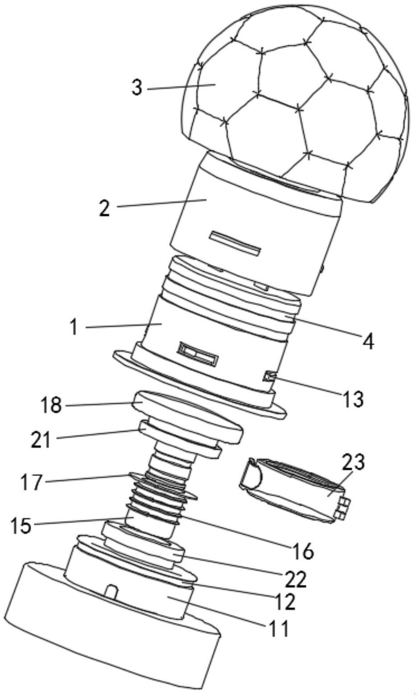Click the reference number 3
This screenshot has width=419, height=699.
click(x=137, y=87)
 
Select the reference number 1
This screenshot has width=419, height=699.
click(x=74, y=327)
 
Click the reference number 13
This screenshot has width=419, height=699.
click(x=353, y=399)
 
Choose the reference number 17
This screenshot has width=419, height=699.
click(x=32, y=482)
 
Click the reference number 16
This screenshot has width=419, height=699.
click(x=304, y=551)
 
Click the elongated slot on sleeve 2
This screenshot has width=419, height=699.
click(x=236, y=244)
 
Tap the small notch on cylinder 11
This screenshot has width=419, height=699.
click(x=112, y=591)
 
